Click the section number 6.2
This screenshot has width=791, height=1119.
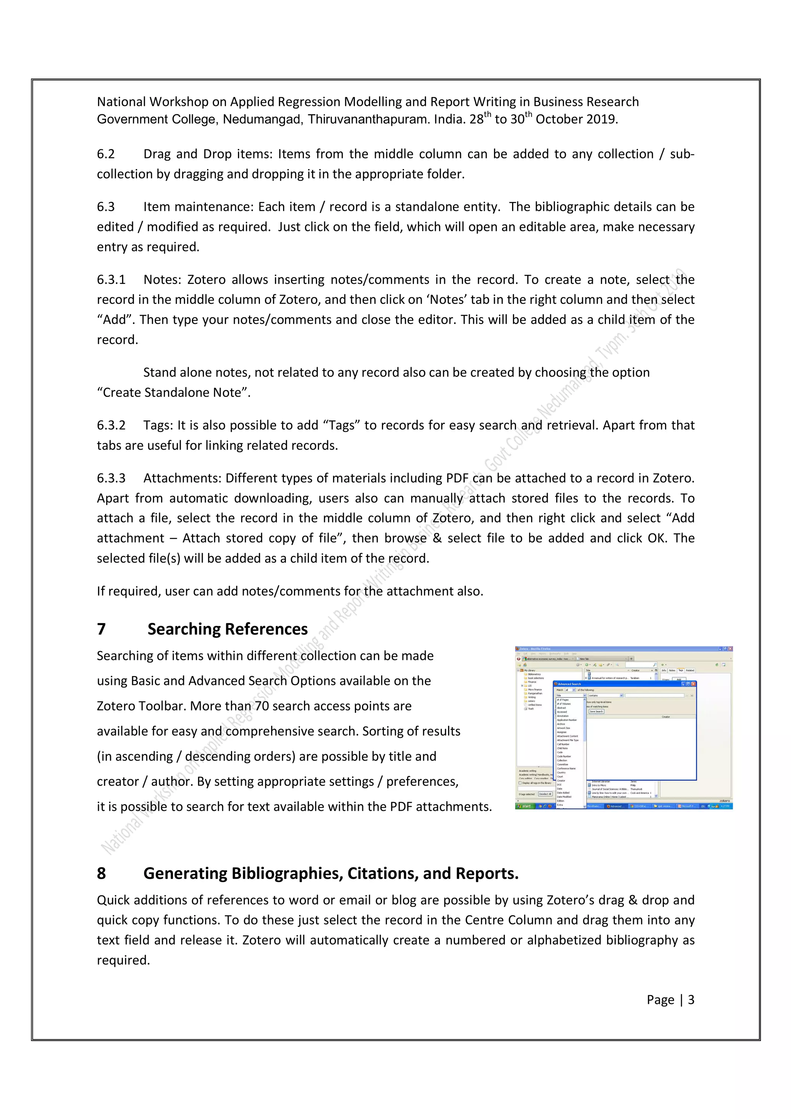pos(106,154)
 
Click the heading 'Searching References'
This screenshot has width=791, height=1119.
pos(227,629)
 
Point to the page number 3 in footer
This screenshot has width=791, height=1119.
pos(691,1000)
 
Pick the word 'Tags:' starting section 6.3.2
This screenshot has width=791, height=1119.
pos(158,426)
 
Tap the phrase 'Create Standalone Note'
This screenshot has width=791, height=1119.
pos(173,393)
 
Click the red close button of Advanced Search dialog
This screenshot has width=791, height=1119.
pos(694,684)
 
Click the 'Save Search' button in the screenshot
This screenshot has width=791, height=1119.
pos(596,712)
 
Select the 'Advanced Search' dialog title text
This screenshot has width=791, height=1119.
pos(569,684)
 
